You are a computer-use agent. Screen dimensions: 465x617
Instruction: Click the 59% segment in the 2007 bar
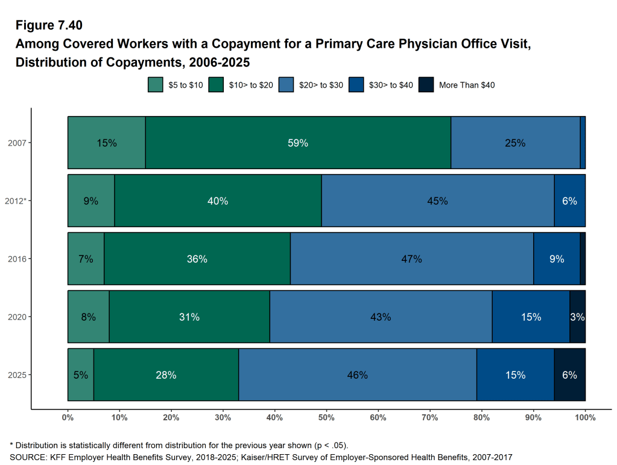tap(298, 143)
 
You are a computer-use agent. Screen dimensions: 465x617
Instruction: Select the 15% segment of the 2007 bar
tap(106, 143)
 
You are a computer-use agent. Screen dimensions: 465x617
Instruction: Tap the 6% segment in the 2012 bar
tap(569, 200)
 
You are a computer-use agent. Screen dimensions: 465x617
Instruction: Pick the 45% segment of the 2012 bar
tap(437, 200)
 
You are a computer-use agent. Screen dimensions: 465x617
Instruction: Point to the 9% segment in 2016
tap(557, 258)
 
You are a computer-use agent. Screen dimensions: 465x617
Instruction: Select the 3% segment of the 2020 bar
tap(577, 316)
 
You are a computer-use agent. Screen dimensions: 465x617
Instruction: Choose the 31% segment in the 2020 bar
tap(189, 316)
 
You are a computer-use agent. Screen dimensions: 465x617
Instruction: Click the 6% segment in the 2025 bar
tap(569, 374)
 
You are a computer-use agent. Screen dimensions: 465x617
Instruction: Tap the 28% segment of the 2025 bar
tap(166, 374)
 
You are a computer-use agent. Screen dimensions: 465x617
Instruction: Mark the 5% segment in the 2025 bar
tap(80, 374)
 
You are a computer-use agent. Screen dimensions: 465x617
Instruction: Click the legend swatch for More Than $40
tap(426, 85)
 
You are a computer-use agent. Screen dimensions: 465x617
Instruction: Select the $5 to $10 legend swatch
tap(155, 85)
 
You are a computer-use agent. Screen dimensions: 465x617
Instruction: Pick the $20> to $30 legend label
tap(321, 85)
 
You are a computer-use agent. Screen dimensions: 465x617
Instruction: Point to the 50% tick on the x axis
tap(326, 417)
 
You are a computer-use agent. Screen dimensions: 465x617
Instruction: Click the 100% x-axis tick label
tap(585, 417)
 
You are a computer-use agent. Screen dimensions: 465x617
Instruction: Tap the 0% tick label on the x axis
tap(68, 417)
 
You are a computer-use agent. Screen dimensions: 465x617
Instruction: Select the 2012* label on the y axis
tap(16, 200)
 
